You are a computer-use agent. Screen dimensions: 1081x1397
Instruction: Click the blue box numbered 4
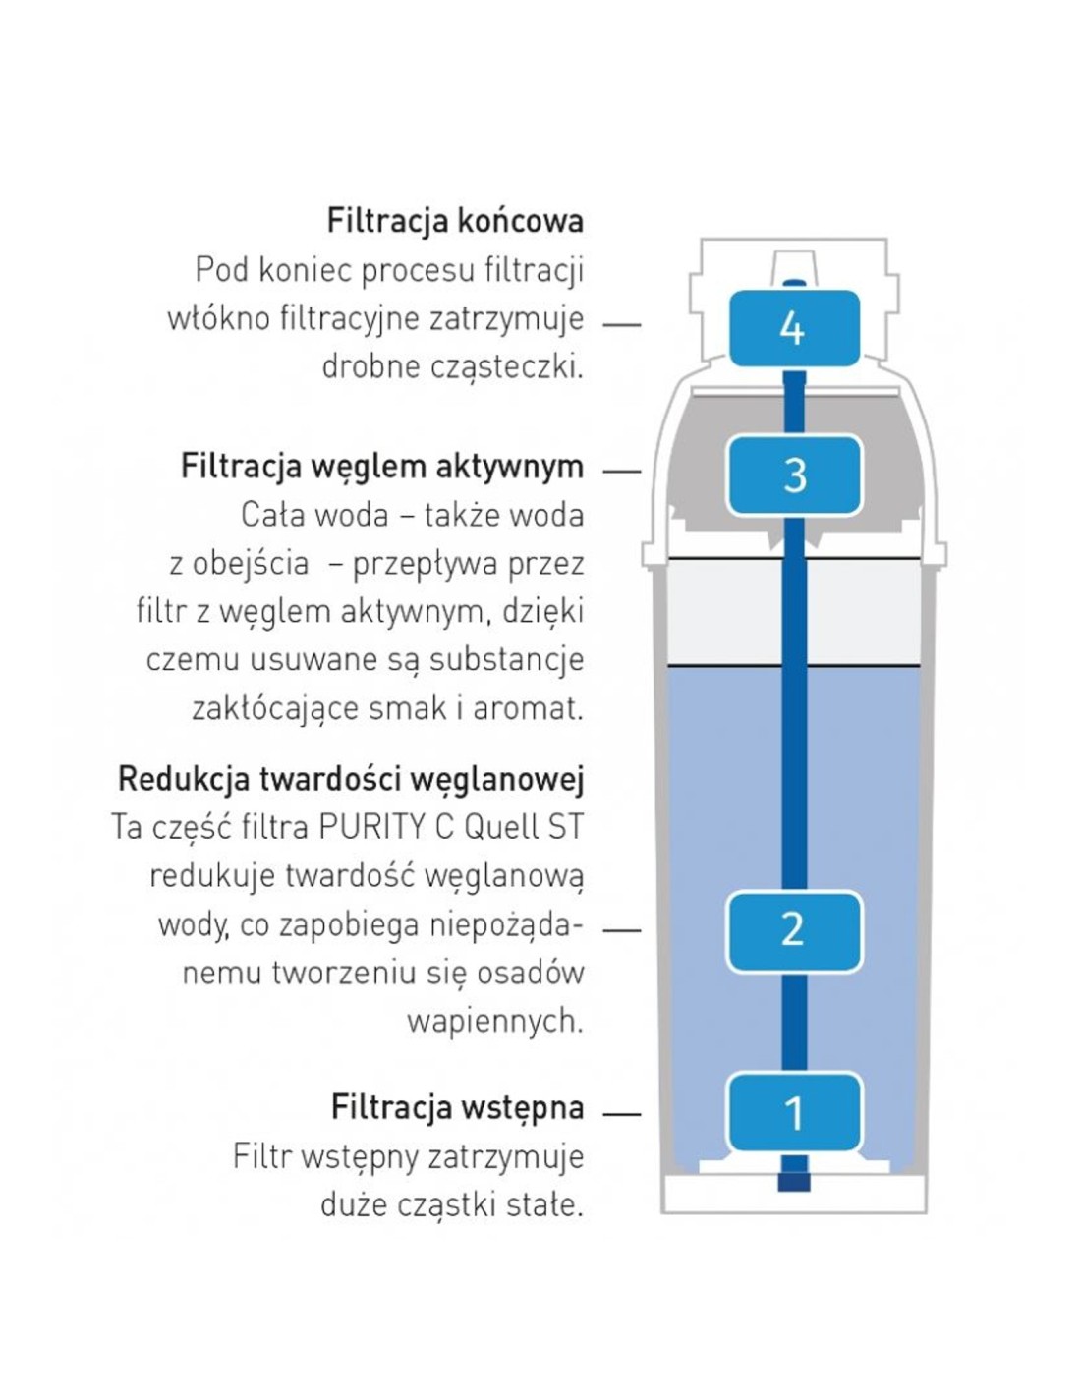[x=793, y=328]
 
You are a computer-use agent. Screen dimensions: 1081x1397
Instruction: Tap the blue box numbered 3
[x=793, y=475]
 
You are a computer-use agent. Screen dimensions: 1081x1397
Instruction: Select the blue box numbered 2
[x=793, y=930]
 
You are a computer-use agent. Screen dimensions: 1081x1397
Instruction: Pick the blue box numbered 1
[x=793, y=1112]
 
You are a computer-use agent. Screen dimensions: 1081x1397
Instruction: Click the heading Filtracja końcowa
[x=455, y=221]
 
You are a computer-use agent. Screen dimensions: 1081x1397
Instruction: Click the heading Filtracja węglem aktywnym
[x=382, y=468]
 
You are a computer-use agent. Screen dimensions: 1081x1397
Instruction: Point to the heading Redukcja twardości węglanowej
[x=351, y=780]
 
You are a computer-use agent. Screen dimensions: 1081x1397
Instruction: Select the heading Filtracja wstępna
[x=457, y=1108]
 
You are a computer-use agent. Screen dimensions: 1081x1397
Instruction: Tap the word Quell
[x=494, y=827]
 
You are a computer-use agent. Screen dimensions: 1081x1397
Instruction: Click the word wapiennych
[x=495, y=1022]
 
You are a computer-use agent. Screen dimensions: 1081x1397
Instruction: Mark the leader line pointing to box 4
[x=622, y=325]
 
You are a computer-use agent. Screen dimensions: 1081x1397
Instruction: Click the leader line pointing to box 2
[x=622, y=929]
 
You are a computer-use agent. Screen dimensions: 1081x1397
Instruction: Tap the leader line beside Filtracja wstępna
[x=622, y=1113]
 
